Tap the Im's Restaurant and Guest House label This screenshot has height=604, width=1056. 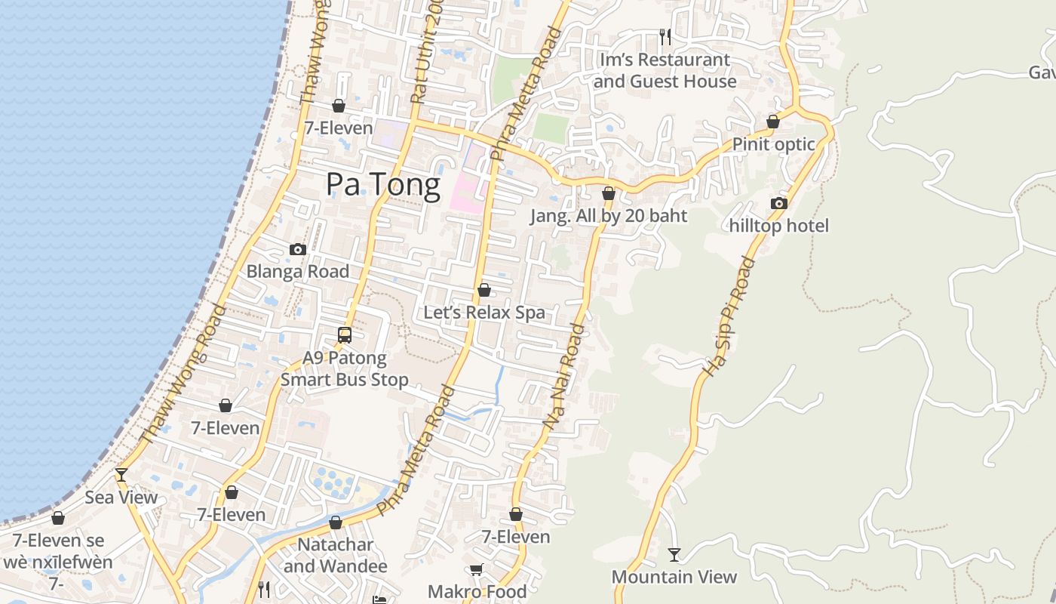(665, 70)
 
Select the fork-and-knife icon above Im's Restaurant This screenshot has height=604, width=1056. (665, 36)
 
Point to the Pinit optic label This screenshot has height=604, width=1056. (774, 144)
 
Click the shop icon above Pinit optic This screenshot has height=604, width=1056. (773, 122)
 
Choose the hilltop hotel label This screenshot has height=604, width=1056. (779, 226)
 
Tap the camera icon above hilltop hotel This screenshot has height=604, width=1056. (779, 203)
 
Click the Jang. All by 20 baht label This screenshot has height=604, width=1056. (609, 216)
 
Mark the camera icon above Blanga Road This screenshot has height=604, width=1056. (298, 249)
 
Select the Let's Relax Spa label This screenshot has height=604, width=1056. (484, 313)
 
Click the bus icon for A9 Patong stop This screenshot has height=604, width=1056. (345, 334)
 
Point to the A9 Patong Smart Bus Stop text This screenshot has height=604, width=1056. (345, 368)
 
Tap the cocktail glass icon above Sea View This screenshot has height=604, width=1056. (121, 475)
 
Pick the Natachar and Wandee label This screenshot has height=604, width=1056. (336, 555)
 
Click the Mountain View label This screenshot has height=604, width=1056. (674, 577)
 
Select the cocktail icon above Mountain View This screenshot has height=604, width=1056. (674, 555)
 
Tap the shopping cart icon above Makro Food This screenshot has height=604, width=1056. (476, 570)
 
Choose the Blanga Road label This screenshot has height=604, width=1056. (298, 272)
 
